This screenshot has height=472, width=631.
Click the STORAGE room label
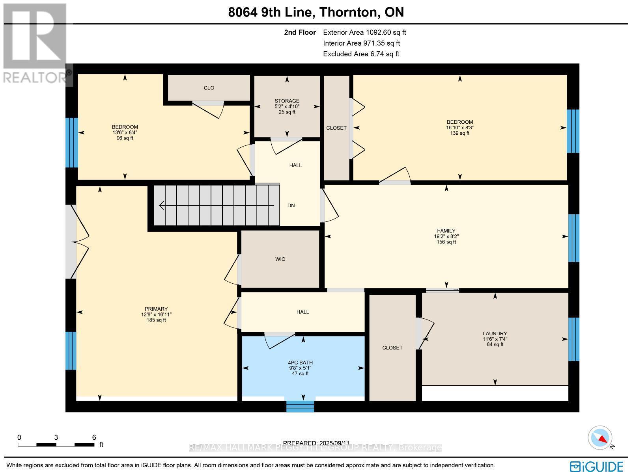tap(287, 101)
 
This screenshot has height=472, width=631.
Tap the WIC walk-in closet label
tap(280, 259)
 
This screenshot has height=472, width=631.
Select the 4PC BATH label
tap(300, 362)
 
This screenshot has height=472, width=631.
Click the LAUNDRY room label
tap(495, 333)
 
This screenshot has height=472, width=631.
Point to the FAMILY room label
tap(446, 231)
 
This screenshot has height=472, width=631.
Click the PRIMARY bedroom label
tap(156, 309)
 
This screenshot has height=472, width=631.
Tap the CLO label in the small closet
tap(209, 88)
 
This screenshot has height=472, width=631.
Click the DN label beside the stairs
tap(291, 206)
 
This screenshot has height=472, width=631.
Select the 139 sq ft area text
tap(459, 133)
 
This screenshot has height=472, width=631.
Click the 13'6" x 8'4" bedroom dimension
tap(125, 132)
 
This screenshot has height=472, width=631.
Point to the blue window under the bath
tap(300, 406)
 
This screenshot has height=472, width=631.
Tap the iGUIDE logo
tap(596, 466)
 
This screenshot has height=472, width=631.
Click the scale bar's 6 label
tap(94, 437)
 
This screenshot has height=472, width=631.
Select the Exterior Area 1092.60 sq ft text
tap(364, 32)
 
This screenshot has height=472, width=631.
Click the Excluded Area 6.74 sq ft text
tap(361, 54)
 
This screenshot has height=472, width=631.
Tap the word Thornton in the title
tap(347, 12)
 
